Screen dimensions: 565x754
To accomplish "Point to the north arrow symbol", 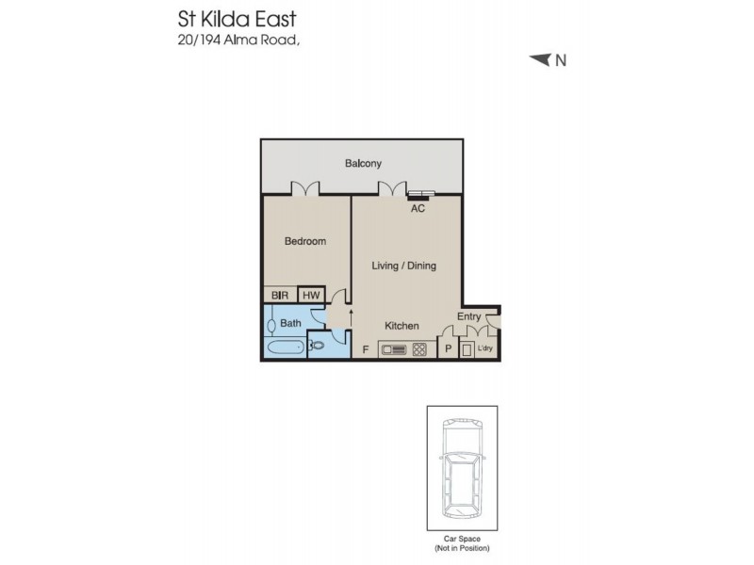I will coord(540,60).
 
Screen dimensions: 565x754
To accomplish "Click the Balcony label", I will coord(362,164).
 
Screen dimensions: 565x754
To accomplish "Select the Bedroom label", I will coord(305,241).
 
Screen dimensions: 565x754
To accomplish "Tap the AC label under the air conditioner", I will coord(418,208).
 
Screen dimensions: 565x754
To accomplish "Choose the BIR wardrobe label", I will coord(279,295).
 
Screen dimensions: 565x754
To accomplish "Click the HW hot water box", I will coord(311,295).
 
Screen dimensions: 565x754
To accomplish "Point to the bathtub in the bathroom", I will coord(284,347).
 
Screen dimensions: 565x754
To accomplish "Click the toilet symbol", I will coord(318,347).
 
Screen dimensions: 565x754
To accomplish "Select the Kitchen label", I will coord(402,326).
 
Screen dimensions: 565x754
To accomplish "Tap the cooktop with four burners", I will coord(419,349).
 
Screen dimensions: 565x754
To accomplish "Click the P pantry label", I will coord(448,349).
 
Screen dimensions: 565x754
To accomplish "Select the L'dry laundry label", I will coord(485,348).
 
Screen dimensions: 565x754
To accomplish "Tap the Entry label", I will coord(468,317).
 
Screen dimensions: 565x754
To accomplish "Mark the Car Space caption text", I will coord(462,541).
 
